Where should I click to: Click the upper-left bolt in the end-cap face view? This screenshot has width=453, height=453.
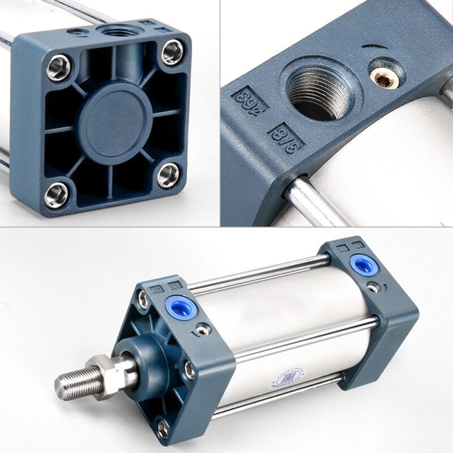pyautogui.click(x=58, y=67)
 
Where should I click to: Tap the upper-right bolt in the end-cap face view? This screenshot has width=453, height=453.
pyautogui.click(x=172, y=53)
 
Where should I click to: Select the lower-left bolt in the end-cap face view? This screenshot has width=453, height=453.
pyautogui.click(x=57, y=195)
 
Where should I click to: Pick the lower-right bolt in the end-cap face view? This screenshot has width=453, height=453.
pyautogui.click(x=168, y=176)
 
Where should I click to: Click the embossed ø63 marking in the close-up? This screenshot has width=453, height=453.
pyautogui.click(x=247, y=99)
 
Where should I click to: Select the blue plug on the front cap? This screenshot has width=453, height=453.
pyautogui.click(x=176, y=307)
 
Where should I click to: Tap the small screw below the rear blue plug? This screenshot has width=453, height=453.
pyautogui.click(x=373, y=288)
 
